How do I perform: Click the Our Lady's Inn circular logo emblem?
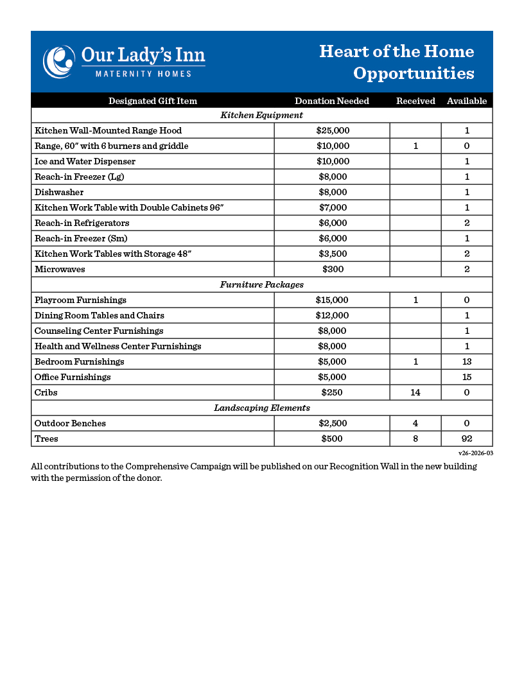tap(58, 62)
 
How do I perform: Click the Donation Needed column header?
tap(331, 101)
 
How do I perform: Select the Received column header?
tap(415, 101)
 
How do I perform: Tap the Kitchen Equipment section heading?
tap(261, 116)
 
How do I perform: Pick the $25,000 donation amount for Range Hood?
tap(333, 130)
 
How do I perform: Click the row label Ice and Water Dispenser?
tap(85, 161)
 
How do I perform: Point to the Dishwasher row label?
tap(59, 192)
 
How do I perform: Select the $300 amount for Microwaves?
tap(333, 269)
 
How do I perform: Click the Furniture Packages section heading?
tap(261, 284)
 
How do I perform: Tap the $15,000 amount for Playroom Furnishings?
tap(332, 300)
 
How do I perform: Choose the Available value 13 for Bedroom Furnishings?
tap(467, 361)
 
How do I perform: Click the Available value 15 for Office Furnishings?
tap(467, 377)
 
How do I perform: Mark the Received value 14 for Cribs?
tap(415, 392)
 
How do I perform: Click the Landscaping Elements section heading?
tap(261, 408)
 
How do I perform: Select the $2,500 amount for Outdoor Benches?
tap(333, 423)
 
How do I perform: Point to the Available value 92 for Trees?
tap(467, 439)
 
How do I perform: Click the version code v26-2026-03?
tap(475, 453)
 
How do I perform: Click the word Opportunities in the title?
tap(414, 73)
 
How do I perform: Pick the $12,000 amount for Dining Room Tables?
tap(332, 315)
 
